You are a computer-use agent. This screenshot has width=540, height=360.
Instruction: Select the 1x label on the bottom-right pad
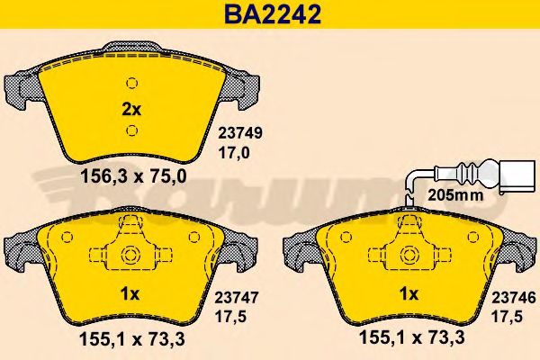click(409, 292)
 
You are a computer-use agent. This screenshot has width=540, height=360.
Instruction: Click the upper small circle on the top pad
click(131, 83)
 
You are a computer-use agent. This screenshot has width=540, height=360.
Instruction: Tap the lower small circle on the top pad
click(131, 131)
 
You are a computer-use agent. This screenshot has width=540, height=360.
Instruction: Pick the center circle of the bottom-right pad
click(410, 254)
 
